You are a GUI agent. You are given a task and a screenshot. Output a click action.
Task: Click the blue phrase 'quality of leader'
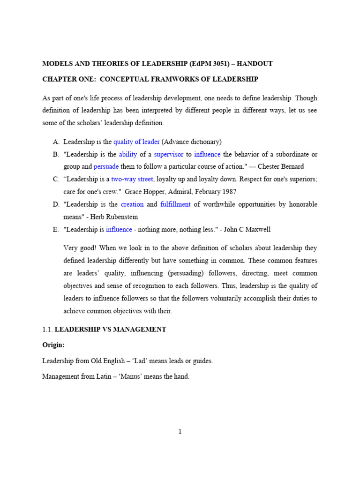pos(136,142)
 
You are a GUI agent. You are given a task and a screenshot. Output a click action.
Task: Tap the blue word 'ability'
pos(127,154)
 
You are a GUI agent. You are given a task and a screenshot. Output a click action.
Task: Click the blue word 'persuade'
pos(106,166)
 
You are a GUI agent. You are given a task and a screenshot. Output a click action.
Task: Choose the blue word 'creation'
pos(132,204)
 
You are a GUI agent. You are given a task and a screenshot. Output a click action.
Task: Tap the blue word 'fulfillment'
pos(175,204)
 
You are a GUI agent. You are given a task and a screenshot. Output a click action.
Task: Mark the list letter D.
pos(55,204)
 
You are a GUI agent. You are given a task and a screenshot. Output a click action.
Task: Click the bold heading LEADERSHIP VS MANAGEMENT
pos(110,330)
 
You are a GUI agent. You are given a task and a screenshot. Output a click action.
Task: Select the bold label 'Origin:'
pos(53,345)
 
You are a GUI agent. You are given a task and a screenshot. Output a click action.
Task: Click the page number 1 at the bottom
pos(180,432)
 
